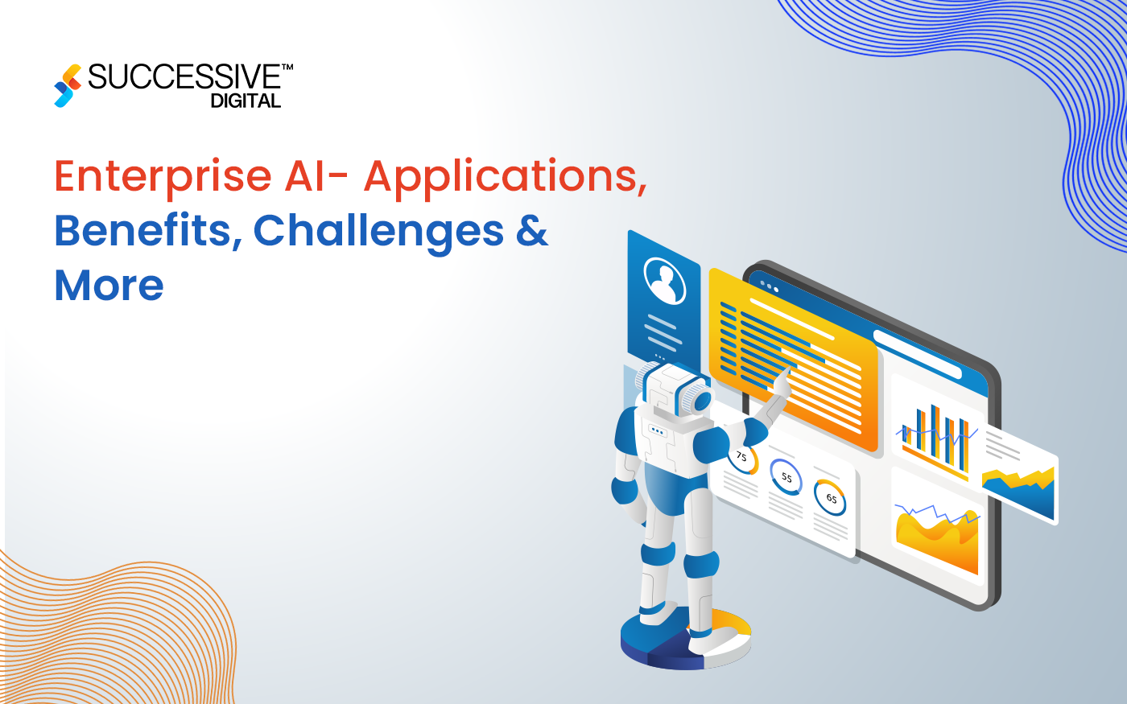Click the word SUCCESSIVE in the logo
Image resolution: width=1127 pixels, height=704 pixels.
click(184, 77)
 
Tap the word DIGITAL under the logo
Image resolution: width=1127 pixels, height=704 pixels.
click(246, 101)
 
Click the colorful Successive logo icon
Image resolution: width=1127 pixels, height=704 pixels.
click(68, 85)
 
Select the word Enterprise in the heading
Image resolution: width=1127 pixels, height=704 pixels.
click(163, 176)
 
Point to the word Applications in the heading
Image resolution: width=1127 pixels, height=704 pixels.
click(505, 176)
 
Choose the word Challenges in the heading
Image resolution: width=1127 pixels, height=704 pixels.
click(378, 232)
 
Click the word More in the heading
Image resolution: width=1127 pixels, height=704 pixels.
click(109, 286)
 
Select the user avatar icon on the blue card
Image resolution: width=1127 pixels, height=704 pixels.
click(664, 281)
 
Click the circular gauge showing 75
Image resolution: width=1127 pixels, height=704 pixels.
click(742, 458)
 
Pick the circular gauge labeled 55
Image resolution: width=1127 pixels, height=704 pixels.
click(786, 477)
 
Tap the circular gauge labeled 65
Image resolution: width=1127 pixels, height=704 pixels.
click(830, 497)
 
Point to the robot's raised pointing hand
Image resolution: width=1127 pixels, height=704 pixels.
click(779, 390)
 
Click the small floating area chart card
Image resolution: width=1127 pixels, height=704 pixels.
click(1018, 483)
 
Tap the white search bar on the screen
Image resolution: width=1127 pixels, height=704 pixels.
click(918, 354)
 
